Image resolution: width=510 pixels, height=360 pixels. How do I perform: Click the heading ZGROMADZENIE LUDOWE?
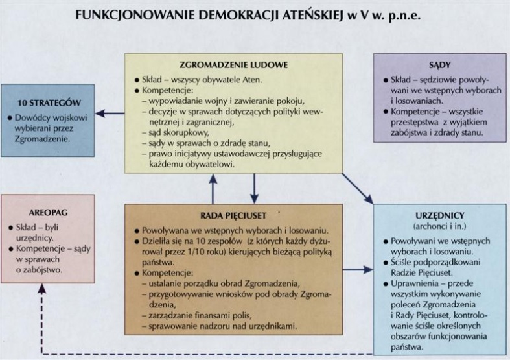(237, 66)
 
